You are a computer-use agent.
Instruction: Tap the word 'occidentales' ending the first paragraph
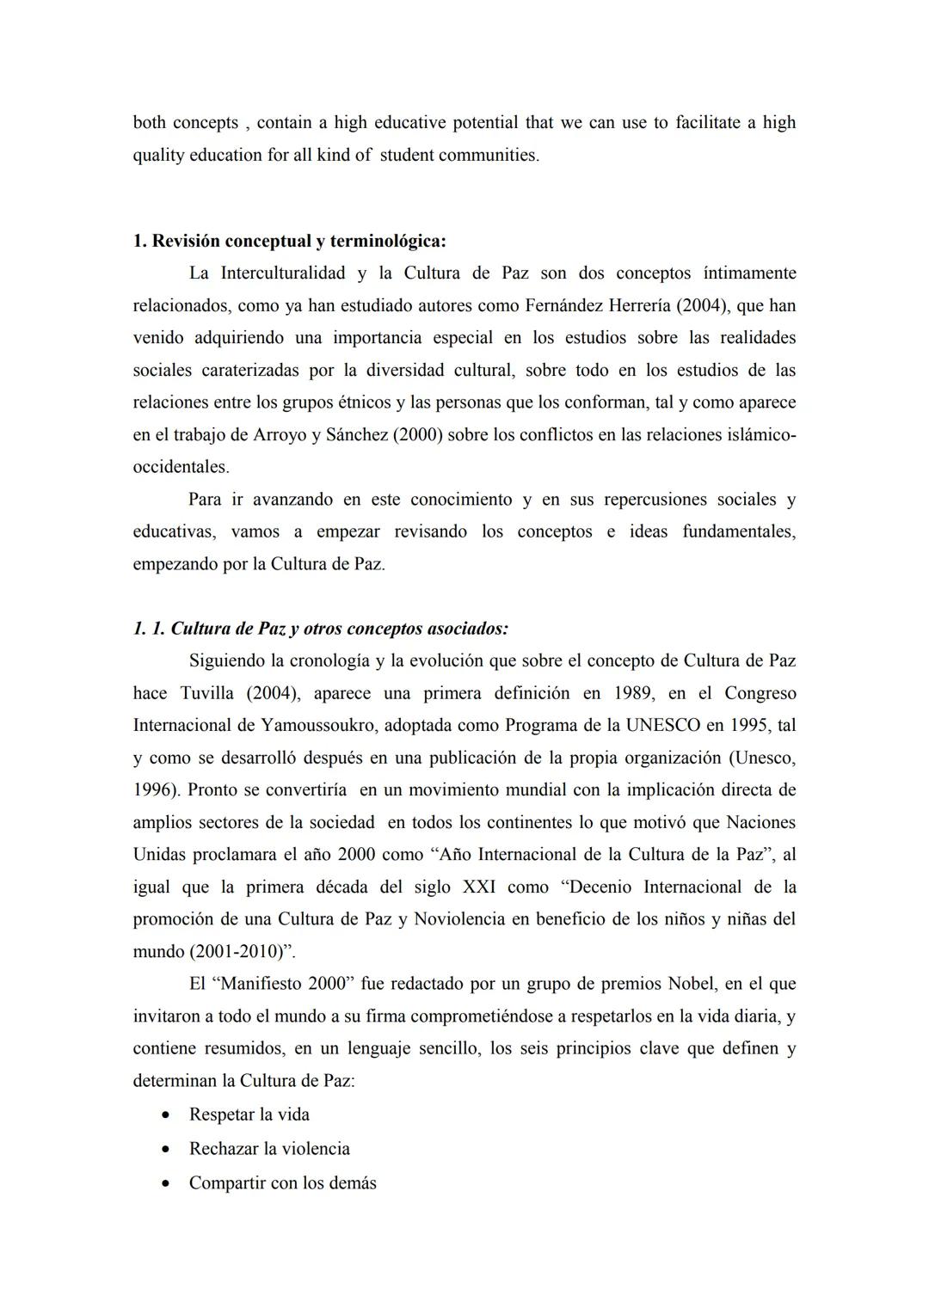[x=181, y=468]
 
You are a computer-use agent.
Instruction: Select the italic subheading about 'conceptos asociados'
[x=321, y=629]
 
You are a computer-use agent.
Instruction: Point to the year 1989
[x=632, y=693]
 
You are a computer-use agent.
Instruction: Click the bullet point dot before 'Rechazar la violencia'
[x=166, y=1150]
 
